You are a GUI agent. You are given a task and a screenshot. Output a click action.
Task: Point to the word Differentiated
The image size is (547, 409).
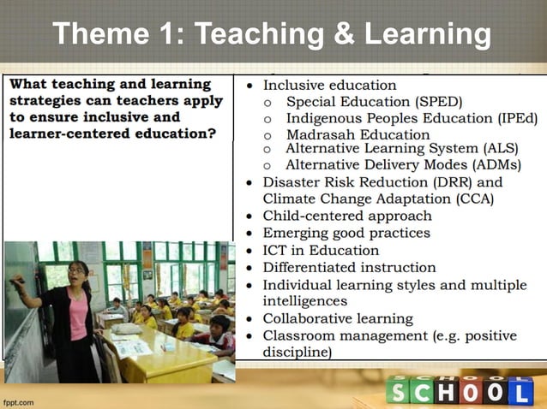click(x=311, y=267)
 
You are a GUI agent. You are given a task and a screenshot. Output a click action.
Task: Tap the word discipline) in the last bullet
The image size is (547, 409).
click(x=298, y=352)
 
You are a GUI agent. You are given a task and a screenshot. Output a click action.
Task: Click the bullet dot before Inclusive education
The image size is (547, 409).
click(x=249, y=86)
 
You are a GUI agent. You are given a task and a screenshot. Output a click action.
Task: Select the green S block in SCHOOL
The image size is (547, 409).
click(x=397, y=391)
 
